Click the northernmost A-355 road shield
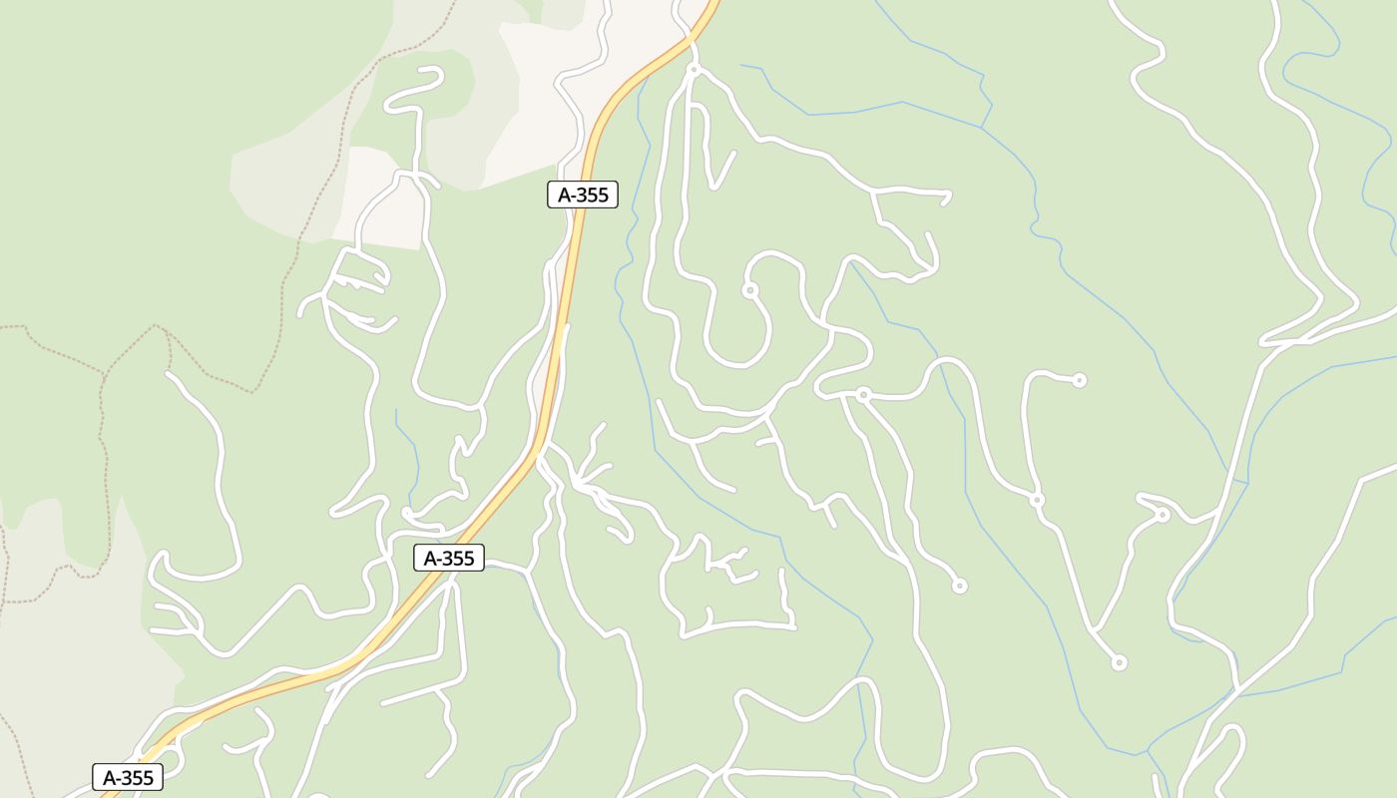coord(583,195)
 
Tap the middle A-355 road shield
coord(449,558)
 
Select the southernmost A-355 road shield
coord(128,777)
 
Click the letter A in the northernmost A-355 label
coord(564,195)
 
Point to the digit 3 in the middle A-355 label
coord(446,558)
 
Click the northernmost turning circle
coord(694,70)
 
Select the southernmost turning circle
coord(1120,662)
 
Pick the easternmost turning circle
coord(1163,515)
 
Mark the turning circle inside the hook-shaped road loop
coord(749,290)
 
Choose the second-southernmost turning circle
coord(959,586)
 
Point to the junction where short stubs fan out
coord(579,486)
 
